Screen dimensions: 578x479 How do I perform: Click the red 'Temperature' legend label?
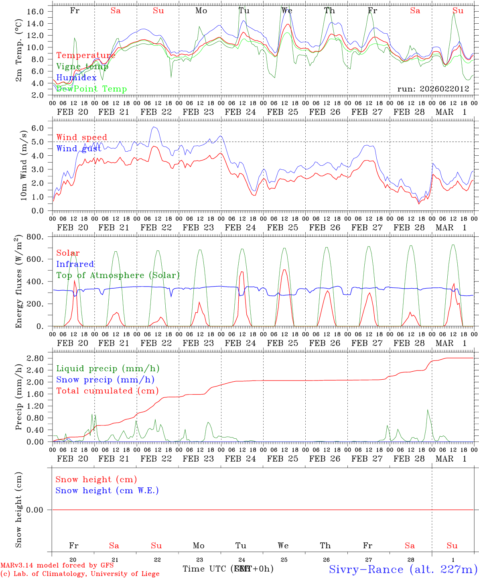click(85, 55)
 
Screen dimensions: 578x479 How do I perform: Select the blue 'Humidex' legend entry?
click(76, 78)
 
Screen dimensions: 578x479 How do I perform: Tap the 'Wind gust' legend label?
click(79, 149)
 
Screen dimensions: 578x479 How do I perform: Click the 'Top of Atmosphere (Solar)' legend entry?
click(118, 275)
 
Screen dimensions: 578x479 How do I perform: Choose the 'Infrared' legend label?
click(75, 264)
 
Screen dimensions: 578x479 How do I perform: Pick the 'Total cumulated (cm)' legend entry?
click(107, 391)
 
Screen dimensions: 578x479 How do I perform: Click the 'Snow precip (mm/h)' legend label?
click(105, 380)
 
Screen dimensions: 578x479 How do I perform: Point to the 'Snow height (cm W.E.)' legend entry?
click(107, 490)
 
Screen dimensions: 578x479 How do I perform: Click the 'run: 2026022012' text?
click(433, 89)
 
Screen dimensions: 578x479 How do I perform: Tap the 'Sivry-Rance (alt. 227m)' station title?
click(403, 569)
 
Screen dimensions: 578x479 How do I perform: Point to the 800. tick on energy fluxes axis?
click(35, 237)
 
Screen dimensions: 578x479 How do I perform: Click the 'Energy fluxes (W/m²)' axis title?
click(18, 282)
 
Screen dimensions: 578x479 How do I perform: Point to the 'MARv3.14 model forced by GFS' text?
click(57, 566)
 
